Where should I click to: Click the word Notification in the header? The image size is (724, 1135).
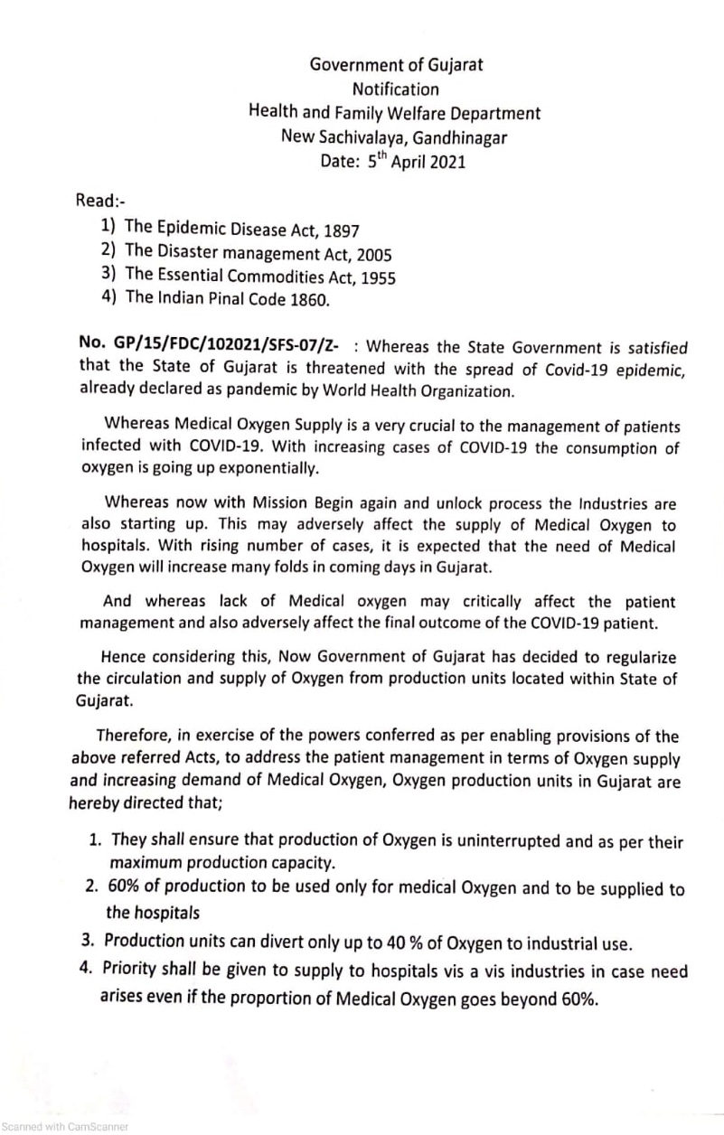[x=395, y=89]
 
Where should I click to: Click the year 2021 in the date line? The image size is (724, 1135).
[x=444, y=164]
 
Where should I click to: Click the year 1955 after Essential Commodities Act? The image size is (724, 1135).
[x=376, y=278]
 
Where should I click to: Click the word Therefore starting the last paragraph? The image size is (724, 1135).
[x=136, y=736]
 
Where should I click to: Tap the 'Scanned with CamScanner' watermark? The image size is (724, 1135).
[x=65, y=1127]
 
